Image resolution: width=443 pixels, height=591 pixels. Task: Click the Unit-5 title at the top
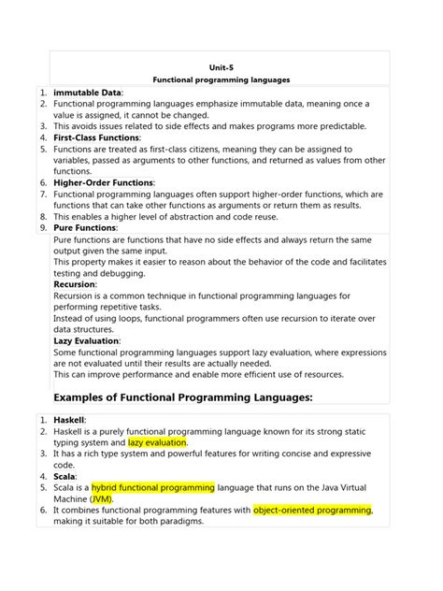tap(221, 67)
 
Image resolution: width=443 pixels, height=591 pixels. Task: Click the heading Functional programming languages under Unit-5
tap(221, 80)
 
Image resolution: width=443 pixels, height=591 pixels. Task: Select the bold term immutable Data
tap(88, 94)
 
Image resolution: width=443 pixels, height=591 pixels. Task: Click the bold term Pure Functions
tap(85, 227)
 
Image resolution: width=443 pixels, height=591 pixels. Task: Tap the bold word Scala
tap(66, 476)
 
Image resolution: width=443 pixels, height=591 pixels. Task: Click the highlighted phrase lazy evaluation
tap(158, 442)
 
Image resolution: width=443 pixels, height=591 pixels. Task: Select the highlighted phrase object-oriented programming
tap(313, 510)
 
